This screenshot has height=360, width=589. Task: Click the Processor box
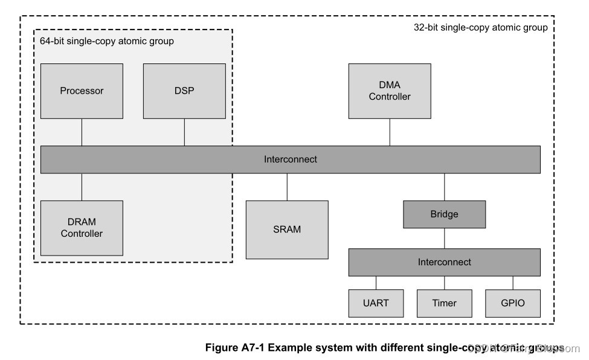[82, 91]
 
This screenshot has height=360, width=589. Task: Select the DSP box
[184, 91]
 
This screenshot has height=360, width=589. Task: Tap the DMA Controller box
[390, 91]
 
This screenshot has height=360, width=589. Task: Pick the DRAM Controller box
[82, 228]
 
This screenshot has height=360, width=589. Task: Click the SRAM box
[287, 229]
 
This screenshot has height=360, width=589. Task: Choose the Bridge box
[444, 214]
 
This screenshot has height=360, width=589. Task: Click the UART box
[376, 303]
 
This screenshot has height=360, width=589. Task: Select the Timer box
[445, 303]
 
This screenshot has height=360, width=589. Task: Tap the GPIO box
[513, 303]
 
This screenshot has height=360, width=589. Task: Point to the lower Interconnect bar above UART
[444, 262]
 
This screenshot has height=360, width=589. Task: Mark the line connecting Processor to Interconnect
[82, 132]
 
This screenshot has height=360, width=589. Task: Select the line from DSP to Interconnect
[184, 132]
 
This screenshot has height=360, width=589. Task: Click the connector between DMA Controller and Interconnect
[390, 132]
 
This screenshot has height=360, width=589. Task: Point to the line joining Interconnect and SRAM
[287, 187]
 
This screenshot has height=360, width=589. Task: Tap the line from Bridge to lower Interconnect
[444, 238]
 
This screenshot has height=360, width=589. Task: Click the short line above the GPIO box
[513, 283]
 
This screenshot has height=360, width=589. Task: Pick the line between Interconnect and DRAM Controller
[82, 187]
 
